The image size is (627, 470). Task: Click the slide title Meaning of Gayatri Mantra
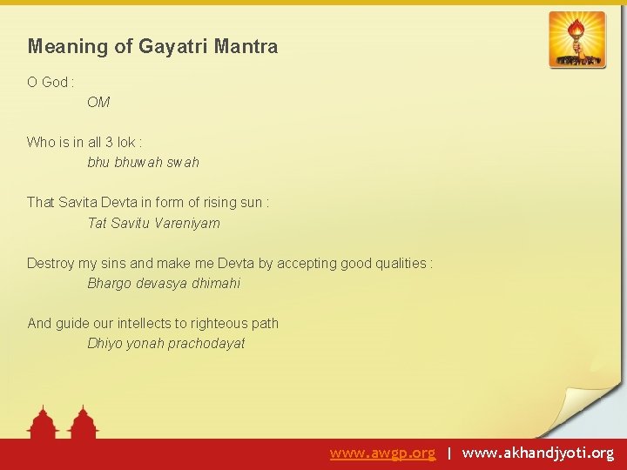pyautogui.click(x=152, y=47)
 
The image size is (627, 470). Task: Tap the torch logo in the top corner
pyautogui.click(x=576, y=39)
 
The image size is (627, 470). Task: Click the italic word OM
pyautogui.click(x=98, y=103)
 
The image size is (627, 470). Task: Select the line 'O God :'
pyautogui.click(x=51, y=82)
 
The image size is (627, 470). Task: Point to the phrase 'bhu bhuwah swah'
pyautogui.click(x=143, y=162)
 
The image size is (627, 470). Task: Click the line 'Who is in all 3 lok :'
pyautogui.click(x=84, y=142)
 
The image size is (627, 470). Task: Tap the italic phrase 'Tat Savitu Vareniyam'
pyautogui.click(x=153, y=223)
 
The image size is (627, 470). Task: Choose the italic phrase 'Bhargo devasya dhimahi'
pyautogui.click(x=164, y=283)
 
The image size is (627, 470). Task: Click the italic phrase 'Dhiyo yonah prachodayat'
pyautogui.click(x=165, y=343)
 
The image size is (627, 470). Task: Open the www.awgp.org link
pyautogui.click(x=382, y=453)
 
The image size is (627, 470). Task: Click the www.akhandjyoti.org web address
pyautogui.click(x=537, y=453)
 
